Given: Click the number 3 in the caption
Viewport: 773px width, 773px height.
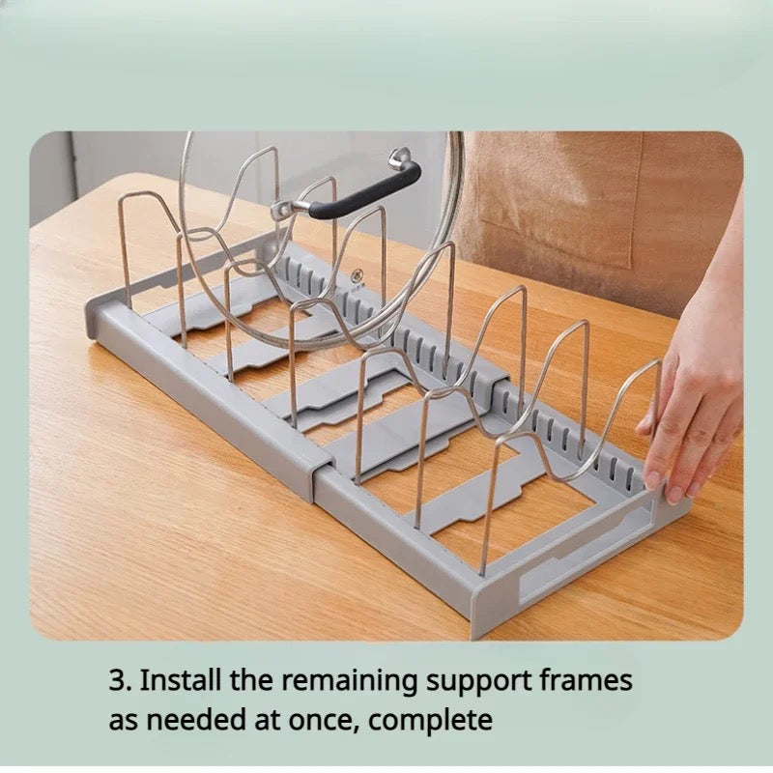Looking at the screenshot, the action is (117, 681).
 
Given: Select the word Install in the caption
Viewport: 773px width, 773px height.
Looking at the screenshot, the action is (180, 680).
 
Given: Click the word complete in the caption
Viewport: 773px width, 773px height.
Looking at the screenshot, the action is (430, 722).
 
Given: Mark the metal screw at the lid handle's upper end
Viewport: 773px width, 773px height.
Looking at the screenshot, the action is (397, 158).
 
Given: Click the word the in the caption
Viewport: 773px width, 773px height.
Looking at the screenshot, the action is (251, 680).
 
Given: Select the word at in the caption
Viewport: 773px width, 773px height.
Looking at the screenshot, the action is (267, 721).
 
